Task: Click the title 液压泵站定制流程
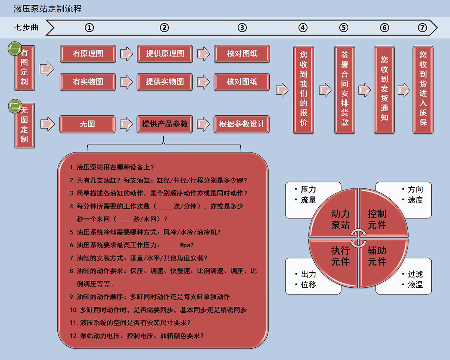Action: [48, 9]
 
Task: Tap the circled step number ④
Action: [303, 28]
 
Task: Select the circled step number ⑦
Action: [422, 28]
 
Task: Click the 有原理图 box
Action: [88, 54]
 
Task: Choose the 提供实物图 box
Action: [165, 82]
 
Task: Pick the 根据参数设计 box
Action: [241, 124]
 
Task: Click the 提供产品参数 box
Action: [165, 124]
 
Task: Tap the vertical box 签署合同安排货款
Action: [344, 90]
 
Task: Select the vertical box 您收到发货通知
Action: [384, 90]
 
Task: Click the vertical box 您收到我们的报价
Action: [303, 90]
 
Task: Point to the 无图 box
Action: [87, 124]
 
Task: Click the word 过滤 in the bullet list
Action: [415, 274]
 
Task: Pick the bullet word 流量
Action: [308, 200]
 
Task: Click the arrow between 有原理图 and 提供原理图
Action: [126, 54]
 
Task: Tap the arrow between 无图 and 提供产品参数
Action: [126, 124]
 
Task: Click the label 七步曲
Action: [26, 28]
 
